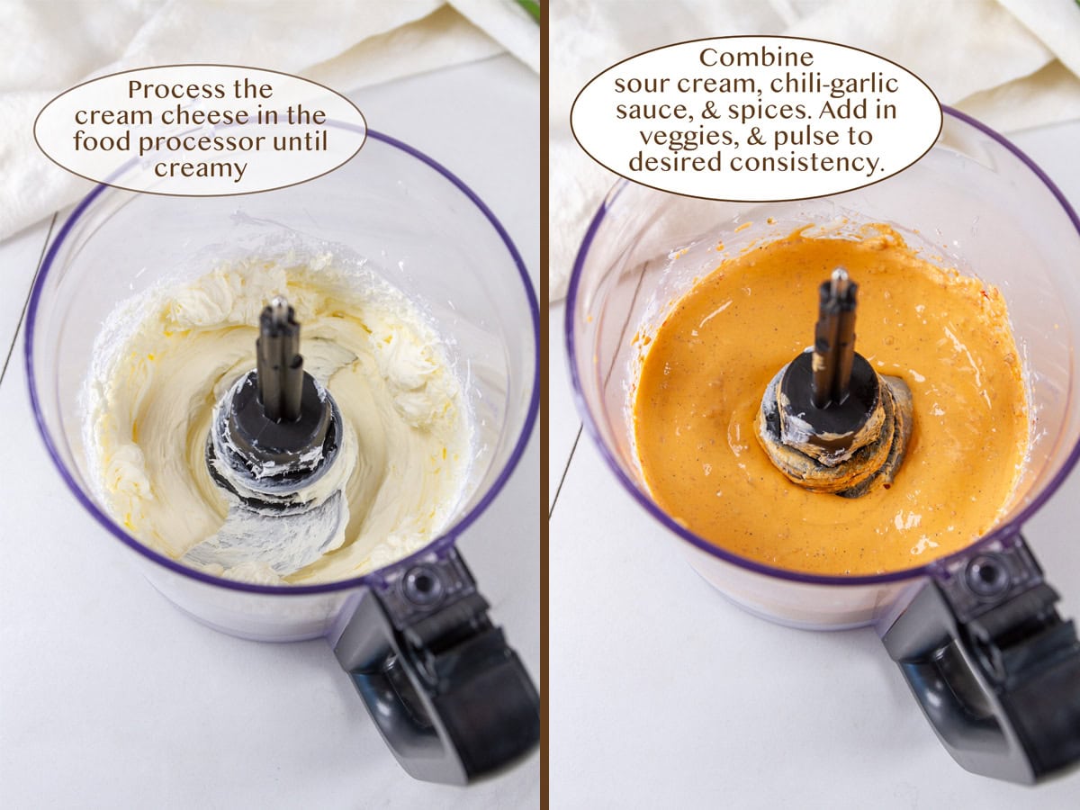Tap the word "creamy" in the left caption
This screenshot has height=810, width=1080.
pos(200,167)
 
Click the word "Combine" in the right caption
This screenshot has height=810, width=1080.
pos(756,58)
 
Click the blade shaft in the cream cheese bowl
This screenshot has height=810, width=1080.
pos(280,360)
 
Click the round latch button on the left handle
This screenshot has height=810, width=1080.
pos(422,585)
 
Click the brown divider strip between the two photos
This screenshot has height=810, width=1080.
pos(544,405)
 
